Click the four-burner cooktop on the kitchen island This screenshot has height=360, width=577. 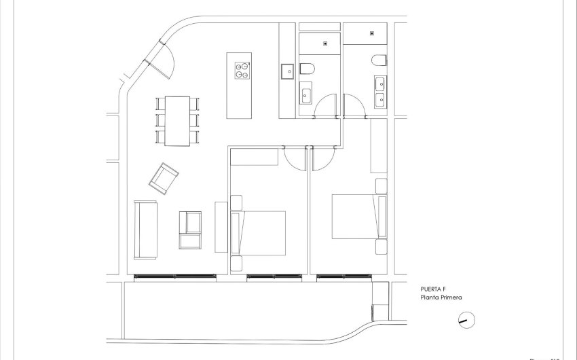(240, 71)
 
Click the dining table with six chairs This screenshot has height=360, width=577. (178, 120)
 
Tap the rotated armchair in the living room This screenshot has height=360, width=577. (164, 179)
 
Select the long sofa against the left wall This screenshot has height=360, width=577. (145, 230)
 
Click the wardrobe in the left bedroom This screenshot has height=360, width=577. (254, 157)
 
